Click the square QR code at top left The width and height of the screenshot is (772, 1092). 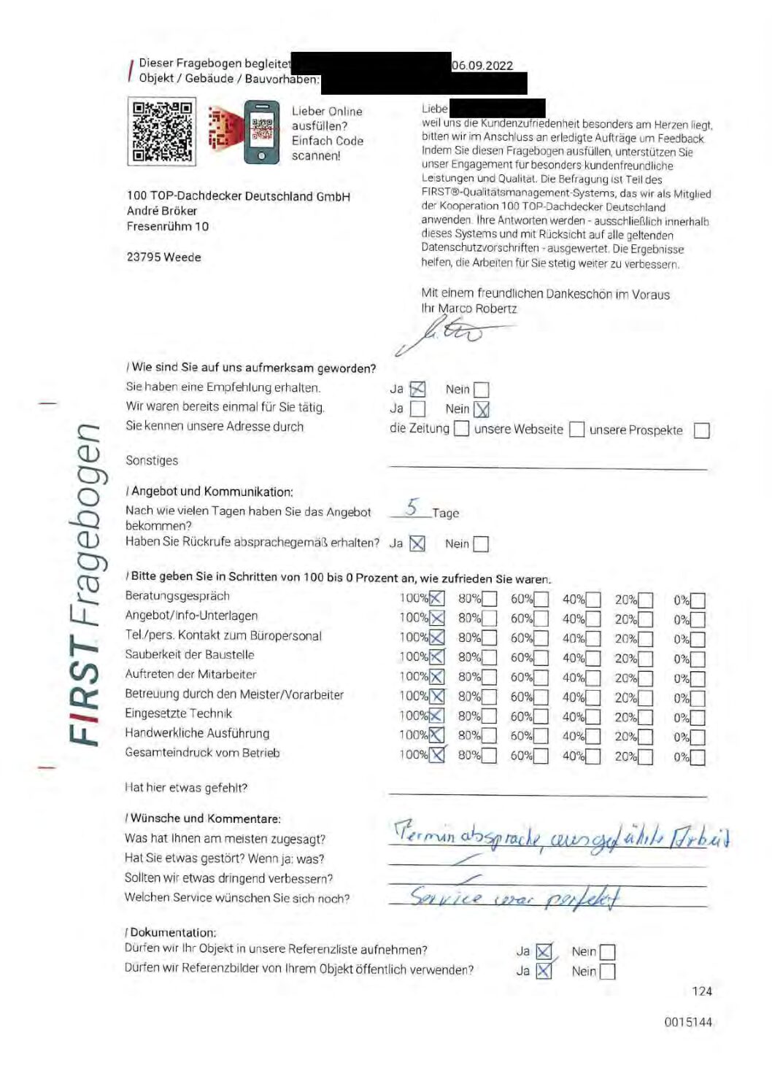pyautogui.click(x=162, y=132)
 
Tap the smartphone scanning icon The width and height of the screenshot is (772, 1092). pyautogui.click(x=261, y=132)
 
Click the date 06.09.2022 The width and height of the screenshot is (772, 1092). pyautogui.click(x=482, y=66)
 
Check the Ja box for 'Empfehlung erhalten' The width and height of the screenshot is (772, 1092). pyautogui.click(x=417, y=390)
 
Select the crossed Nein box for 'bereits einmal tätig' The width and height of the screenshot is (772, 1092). pyautogui.click(x=482, y=409)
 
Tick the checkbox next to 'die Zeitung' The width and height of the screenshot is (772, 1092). pyautogui.click(x=461, y=429)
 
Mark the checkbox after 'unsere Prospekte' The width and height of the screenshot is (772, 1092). pyautogui.click(x=701, y=430)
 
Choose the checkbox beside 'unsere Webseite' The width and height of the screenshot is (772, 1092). pyautogui.click(x=576, y=430)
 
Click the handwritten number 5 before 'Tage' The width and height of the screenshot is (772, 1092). pyautogui.click(x=413, y=507)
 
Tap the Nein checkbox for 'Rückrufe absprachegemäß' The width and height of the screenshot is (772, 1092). pyautogui.click(x=480, y=544)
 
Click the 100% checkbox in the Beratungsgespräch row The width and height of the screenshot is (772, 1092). pyautogui.click(x=436, y=599)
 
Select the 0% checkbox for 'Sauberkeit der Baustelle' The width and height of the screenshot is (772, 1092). pyautogui.click(x=698, y=659)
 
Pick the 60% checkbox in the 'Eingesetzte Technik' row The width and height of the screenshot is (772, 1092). pyautogui.click(x=541, y=717)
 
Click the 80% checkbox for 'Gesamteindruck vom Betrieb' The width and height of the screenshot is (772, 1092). pyautogui.click(x=489, y=756)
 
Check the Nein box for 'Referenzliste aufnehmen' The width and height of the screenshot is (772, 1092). pyautogui.click(x=607, y=952)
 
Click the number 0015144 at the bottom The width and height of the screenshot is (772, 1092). pyautogui.click(x=687, y=1022)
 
